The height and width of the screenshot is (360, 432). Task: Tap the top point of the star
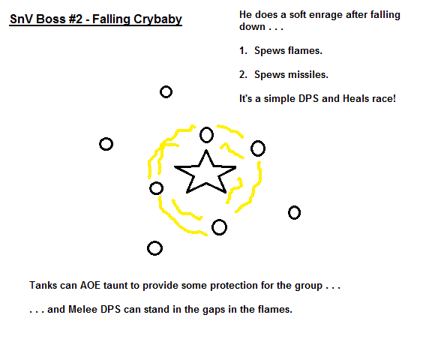[206, 150]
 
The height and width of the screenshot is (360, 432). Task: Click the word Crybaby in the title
[157, 19]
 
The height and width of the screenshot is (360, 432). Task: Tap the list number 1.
[243, 51]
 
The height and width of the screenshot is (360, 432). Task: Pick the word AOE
[90, 285]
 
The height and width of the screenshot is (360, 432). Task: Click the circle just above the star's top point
[207, 135]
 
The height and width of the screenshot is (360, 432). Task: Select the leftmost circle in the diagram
[106, 144]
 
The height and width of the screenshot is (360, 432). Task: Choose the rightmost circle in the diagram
[294, 213]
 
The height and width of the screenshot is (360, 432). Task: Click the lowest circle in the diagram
[154, 248]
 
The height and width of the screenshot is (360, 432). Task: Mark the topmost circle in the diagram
[166, 92]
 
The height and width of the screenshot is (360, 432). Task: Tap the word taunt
[115, 285]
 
